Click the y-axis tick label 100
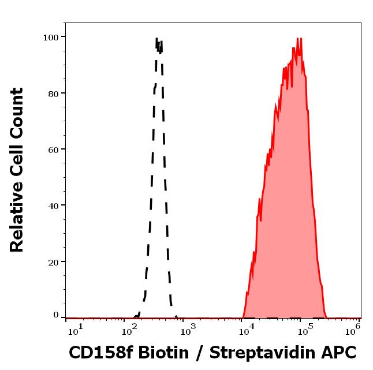51,37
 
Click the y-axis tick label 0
56,315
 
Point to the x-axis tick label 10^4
246,329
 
